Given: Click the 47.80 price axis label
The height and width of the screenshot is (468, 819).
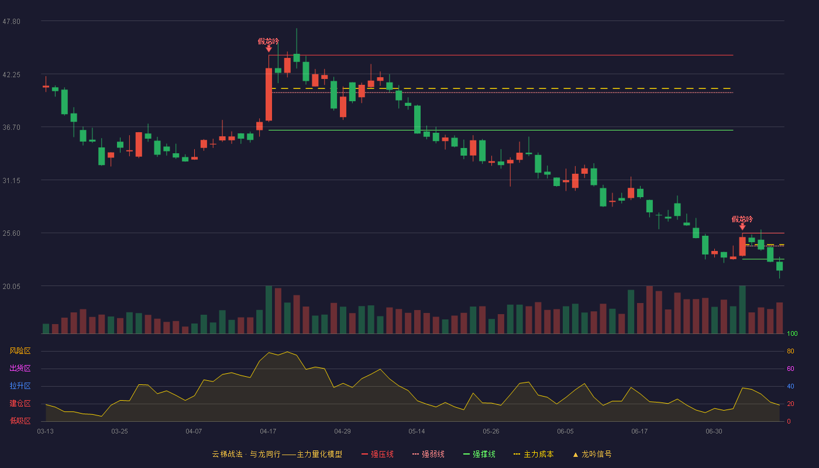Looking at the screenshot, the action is [x=11, y=22].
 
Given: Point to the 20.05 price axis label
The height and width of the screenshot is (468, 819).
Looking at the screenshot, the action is [x=11, y=286].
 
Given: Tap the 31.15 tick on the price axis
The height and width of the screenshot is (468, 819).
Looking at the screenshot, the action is [x=11, y=181].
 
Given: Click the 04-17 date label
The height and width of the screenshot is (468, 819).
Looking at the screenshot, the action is [x=268, y=432].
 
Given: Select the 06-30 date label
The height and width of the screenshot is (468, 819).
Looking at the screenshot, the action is [x=714, y=432].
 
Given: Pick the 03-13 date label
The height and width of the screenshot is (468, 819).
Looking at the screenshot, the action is [x=46, y=432].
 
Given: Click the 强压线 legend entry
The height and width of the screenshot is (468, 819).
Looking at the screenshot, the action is [x=377, y=454].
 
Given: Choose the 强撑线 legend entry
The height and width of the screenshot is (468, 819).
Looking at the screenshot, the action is [x=479, y=454].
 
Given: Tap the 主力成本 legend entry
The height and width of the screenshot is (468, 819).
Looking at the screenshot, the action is [x=534, y=454].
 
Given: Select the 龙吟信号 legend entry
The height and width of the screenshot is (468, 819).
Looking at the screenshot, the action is [x=592, y=454].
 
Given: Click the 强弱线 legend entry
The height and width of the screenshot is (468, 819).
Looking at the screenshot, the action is [x=428, y=454].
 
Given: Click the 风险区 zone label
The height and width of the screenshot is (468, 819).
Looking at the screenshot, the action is [x=20, y=350].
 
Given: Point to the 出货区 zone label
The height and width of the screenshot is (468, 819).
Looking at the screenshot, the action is [x=20, y=368].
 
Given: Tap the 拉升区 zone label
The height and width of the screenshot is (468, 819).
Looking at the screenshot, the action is [x=20, y=386].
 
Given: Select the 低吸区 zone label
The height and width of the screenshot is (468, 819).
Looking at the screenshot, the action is [x=20, y=421].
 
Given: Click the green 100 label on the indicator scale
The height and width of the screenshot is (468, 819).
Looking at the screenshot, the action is [x=792, y=333].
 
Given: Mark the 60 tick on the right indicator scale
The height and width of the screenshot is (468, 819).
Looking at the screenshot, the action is [x=790, y=369].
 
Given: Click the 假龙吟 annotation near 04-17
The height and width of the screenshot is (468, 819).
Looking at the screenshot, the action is [x=269, y=42].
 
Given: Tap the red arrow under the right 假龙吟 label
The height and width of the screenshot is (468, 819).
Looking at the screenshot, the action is [x=742, y=227].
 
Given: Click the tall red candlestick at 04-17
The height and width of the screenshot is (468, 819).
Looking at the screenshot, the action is [x=269, y=94].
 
